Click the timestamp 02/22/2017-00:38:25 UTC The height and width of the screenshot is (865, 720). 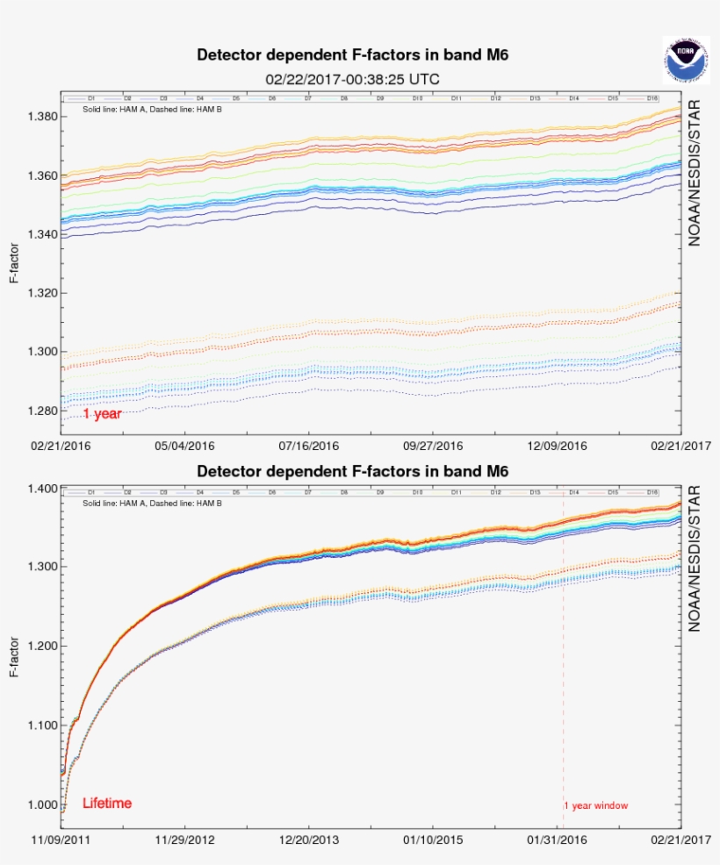[x=352, y=79]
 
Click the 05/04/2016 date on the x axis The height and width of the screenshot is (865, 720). [x=184, y=446]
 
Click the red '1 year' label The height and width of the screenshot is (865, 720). [x=102, y=414]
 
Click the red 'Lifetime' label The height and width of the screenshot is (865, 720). [x=107, y=803]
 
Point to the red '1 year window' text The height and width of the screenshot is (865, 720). [x=596, y=805]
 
